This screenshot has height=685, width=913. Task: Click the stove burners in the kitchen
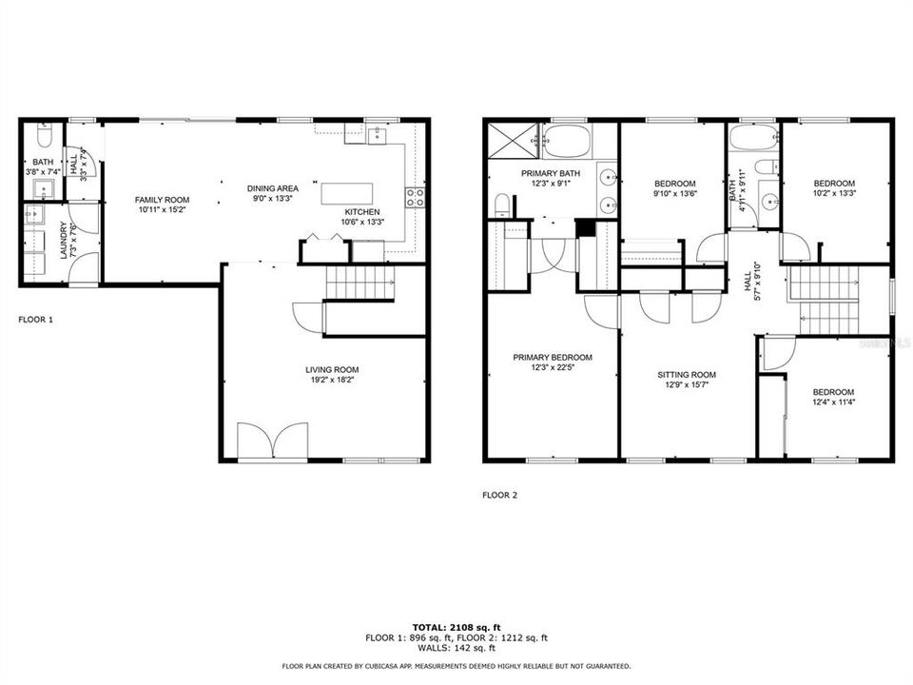coord(416,197)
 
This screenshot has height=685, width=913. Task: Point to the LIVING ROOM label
coord(332,370)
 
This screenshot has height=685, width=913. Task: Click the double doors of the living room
coord(274,442)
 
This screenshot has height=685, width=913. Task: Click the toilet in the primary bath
coord(502,205)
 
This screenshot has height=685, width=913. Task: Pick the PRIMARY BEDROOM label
coord(552,358)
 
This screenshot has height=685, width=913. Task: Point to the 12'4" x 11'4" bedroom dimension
coord(832,403)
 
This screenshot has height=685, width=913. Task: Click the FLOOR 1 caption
coord(36,321)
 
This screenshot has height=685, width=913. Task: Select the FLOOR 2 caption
coord(500,495)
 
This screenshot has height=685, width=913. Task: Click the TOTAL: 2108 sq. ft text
coord(456,627)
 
